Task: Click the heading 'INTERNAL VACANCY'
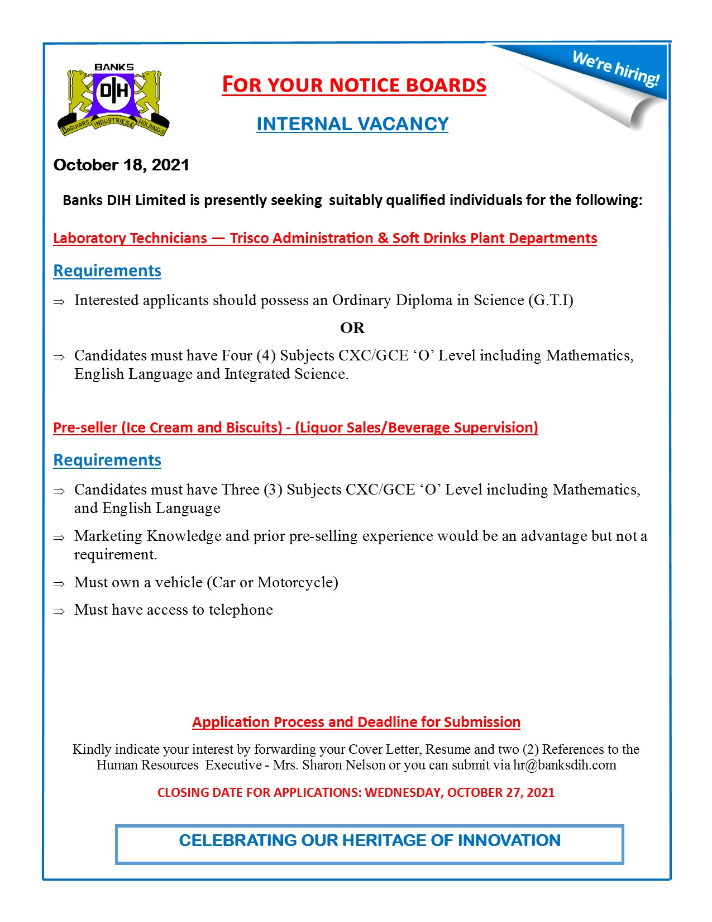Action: coord(352,124)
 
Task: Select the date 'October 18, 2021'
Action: coord(121,165)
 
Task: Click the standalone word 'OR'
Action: coord(352,328)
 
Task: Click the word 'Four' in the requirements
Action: coord(237,356)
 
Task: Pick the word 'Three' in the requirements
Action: coord(240,490)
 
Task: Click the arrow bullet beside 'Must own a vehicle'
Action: coord(59,584)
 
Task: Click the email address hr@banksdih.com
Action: coord(565,765)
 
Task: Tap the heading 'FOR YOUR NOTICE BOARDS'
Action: coord(354,85)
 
